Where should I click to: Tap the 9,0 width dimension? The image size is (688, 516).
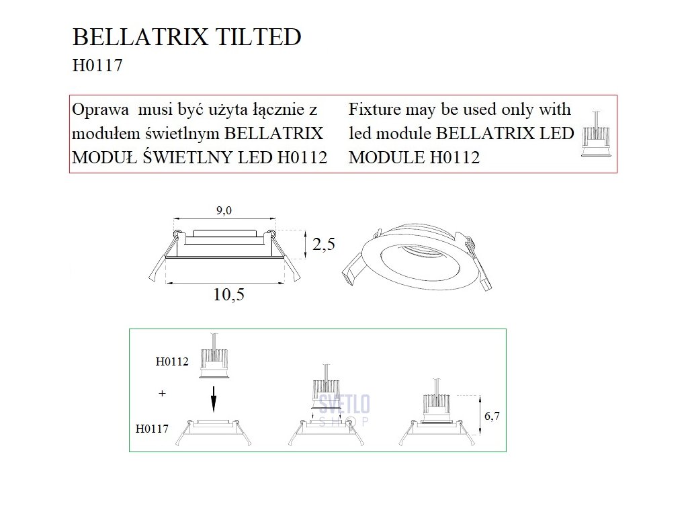tap(224, 211)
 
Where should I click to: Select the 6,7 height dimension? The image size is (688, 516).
tap(492, 417)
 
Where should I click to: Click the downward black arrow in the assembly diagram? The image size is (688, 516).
tap(213, 400)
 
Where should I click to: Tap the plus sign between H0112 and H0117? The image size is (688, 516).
tap(162, 394)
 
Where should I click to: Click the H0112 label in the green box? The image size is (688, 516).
tap(171, 361)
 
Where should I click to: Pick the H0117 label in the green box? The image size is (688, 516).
tap(152, 427)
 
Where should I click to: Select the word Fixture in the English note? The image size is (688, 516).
tap(376, 110)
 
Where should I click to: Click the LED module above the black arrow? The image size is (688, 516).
tap(214, 361)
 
